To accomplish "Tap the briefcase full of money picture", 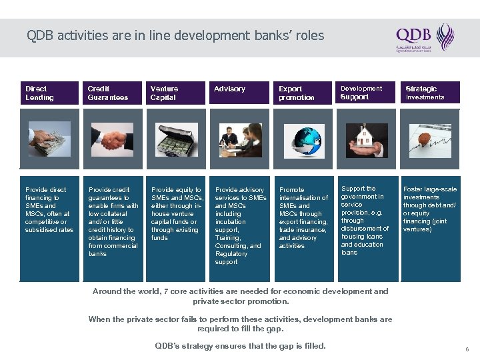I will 175,139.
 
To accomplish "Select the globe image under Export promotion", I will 301,139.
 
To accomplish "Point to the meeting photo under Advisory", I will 237,139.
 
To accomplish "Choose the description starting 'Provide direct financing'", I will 49,210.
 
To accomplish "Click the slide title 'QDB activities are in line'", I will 175,35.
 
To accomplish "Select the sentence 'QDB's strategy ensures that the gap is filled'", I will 240,345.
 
